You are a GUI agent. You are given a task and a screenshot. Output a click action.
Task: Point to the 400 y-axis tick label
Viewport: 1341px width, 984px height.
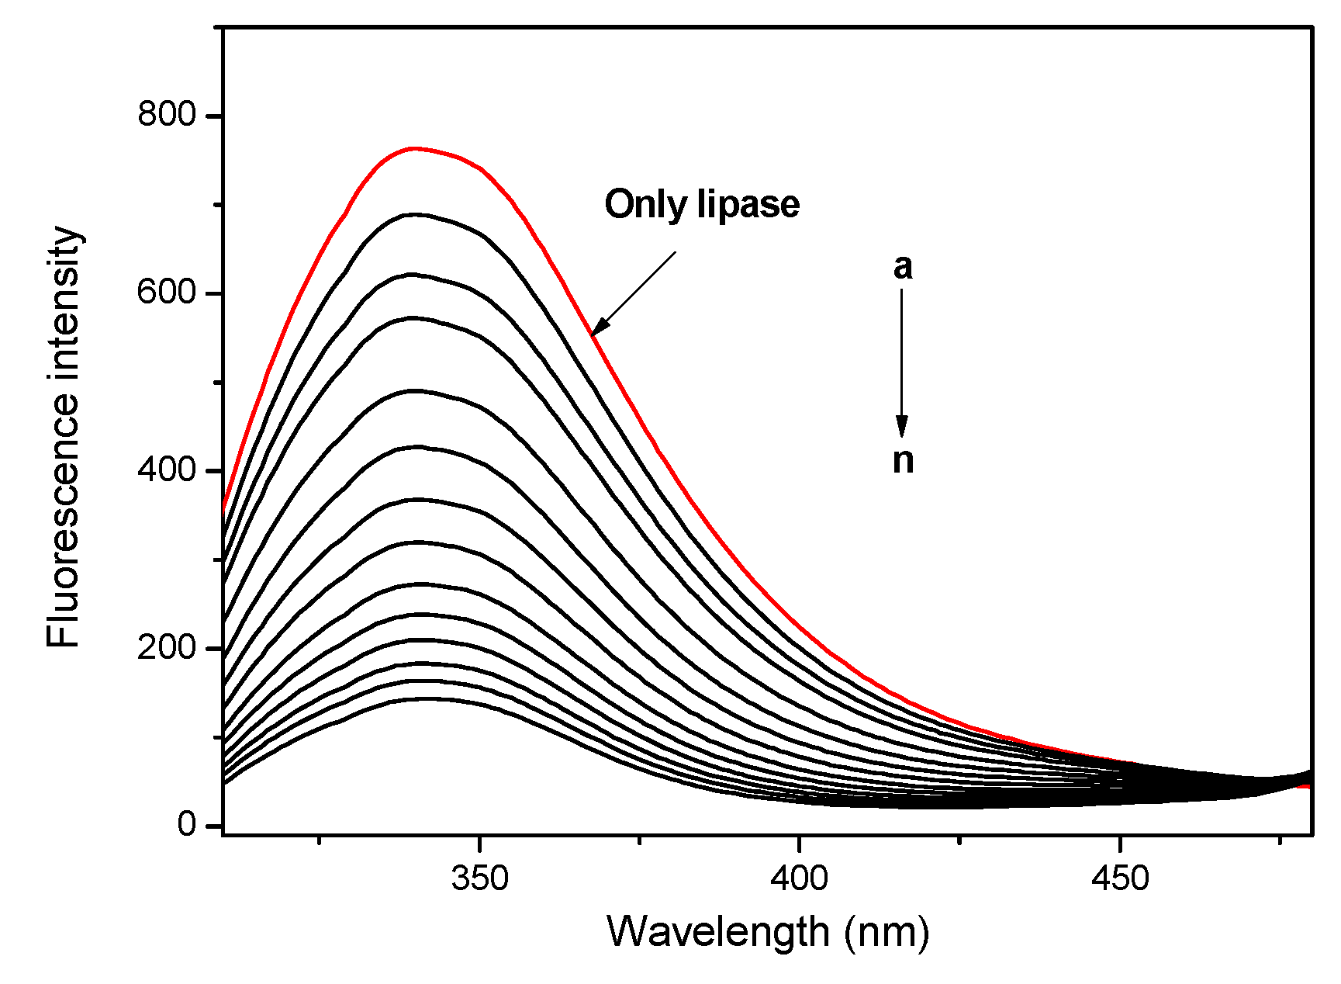167,469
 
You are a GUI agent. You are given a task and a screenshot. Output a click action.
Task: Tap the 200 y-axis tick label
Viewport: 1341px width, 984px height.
167,647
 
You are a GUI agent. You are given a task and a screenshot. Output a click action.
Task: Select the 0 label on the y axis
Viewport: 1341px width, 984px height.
187,824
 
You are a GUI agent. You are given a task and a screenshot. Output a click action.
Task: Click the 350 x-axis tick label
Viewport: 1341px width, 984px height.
480,878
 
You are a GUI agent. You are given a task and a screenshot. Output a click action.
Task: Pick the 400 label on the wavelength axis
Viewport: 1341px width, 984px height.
800,878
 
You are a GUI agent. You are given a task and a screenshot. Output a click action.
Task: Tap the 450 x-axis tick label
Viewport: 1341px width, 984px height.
1119,878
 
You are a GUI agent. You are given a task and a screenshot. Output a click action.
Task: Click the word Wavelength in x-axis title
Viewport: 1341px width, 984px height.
718,931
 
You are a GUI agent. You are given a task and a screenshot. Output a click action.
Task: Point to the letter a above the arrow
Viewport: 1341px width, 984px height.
903,267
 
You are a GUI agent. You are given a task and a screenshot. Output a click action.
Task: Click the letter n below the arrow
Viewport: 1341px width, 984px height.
903,460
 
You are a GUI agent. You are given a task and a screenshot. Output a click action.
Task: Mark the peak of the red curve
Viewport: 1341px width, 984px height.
415,148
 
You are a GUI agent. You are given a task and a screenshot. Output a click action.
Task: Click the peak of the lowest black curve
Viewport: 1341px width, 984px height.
426,698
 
